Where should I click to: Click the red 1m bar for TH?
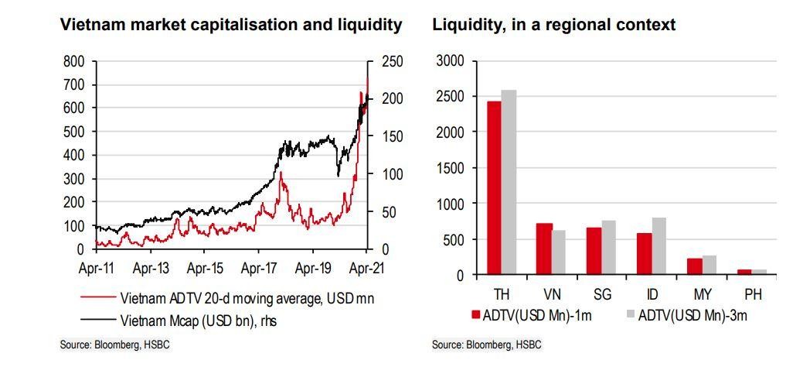(494, 188)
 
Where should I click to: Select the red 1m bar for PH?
(744, 273)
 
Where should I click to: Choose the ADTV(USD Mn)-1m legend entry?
(526, 315)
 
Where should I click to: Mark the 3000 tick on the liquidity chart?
(450, 61)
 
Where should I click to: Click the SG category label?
(601, 295)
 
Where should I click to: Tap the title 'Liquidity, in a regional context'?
(553, 25)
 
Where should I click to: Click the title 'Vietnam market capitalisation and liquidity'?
(231, 25)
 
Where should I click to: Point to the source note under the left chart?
(114, 345)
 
